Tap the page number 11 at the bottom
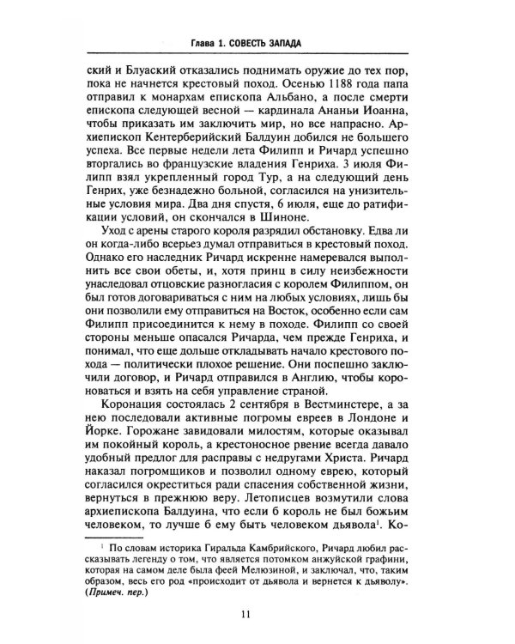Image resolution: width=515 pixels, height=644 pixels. point(257,613)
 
